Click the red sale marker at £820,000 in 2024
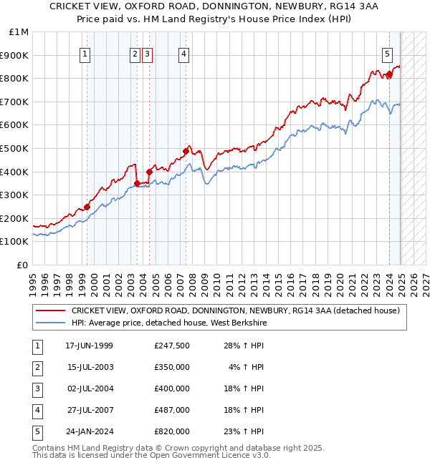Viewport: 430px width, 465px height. pos(389,74)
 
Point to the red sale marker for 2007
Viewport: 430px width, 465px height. pos(186,151)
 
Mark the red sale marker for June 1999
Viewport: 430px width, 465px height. pos(87,207)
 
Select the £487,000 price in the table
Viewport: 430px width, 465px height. pos(171,410)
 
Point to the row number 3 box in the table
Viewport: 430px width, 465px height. pos(37,388)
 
